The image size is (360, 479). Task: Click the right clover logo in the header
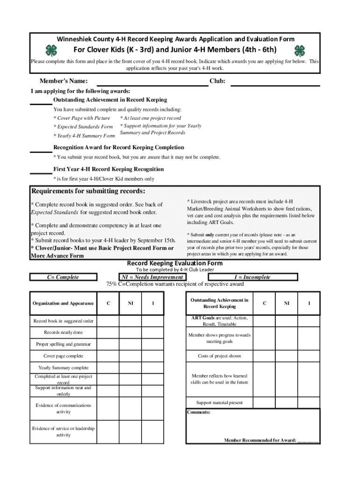(x=299, y=51)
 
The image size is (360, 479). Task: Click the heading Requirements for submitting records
(x=88, y=191)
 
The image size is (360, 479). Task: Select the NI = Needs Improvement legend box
(x=152, y=277)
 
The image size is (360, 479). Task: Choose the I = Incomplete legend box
(x=252, y=277)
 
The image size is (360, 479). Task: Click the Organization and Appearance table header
(x=63, y=303)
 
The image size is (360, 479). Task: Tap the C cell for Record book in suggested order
(x=108, y=321)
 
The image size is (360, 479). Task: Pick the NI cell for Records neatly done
(x=130, y=333)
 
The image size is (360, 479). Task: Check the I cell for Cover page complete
(x=153, y=356)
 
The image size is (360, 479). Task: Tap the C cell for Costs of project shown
(x=265, y=356)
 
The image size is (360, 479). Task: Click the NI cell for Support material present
(x=287, y=402)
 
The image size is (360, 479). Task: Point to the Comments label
(x=199, y=413)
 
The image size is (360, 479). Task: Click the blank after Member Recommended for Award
(x=309, y=441)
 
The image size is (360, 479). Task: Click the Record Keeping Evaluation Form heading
(x=175, y=263)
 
